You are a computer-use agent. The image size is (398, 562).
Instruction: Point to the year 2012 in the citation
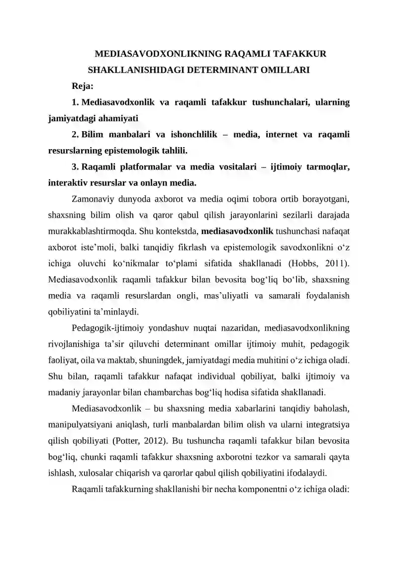pyautogui.click(x=149, y=440)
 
